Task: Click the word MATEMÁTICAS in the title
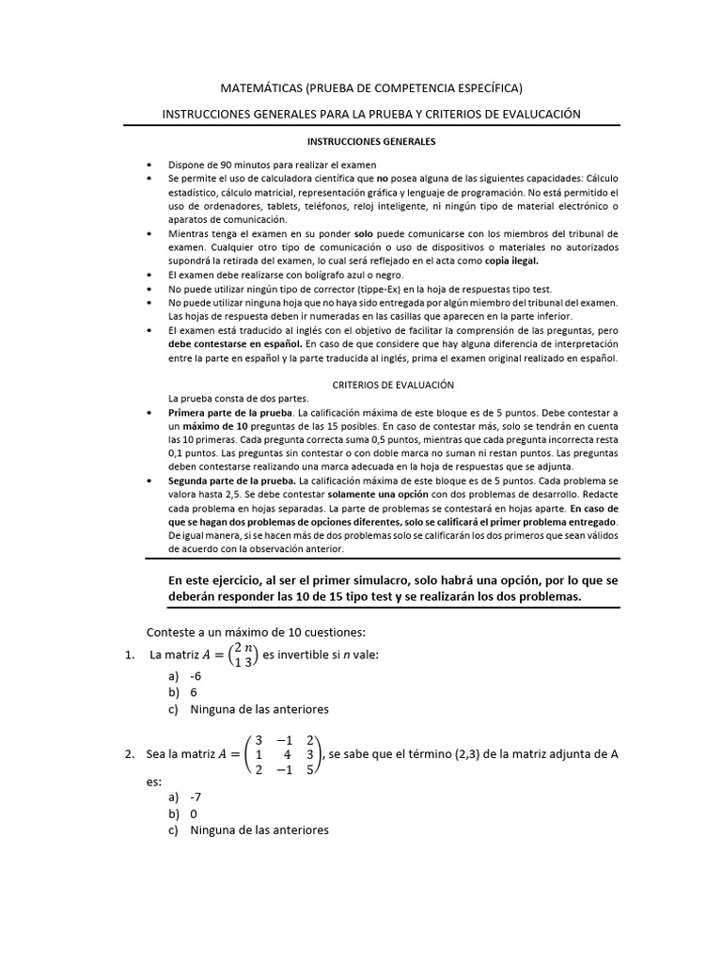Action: pyautogui.click(x=260, y=87)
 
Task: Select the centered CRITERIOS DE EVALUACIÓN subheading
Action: pyautogui.click(x=394, y=386)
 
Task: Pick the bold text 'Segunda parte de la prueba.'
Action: pyautogui.click(x=230, y=480)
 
